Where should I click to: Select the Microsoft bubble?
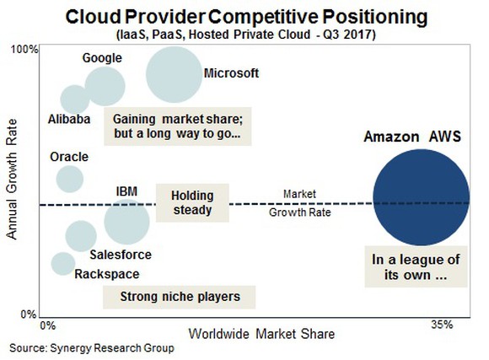pyautogui.click(x=175, y=73)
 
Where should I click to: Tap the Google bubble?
pyautogui.click(x=105, y=85)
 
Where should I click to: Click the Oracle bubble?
pyautogui.click(x=70, y=178)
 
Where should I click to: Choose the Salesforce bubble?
pyautogui.click(x=81, y=236)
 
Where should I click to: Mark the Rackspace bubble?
pyautogui.click(x=62, y=263)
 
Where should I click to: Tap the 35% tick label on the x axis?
pyautogui.click(x=442, y=325)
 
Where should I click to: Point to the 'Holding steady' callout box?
pyautogui.click(x=191, y=202)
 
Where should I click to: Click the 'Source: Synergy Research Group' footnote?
pyautogui.click(x=92, y=347)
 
